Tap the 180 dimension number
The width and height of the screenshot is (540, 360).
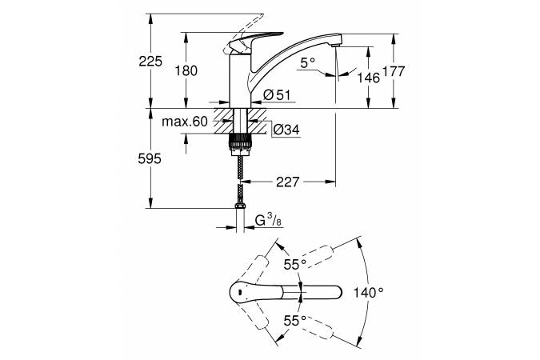[186, 71]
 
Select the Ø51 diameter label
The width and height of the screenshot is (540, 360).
[275, 96]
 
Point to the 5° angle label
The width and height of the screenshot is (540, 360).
[309, 61]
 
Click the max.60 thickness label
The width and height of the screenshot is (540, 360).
[183, 122]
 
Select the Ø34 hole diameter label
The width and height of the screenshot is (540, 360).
[285, 129]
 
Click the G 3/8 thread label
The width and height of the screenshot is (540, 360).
[267, 221]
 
